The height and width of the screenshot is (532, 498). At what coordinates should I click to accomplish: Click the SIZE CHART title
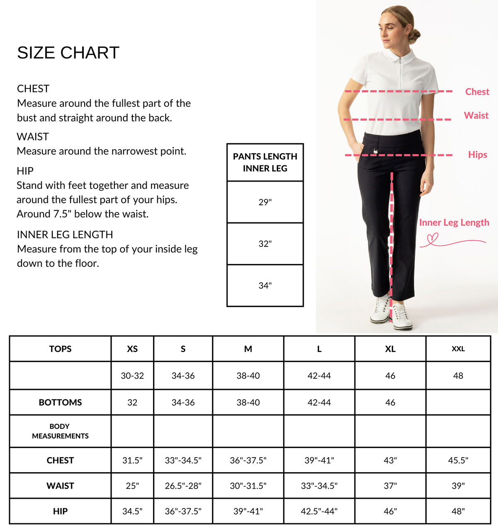[68, 53]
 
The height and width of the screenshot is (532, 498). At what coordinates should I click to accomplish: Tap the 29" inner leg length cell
[265, 202]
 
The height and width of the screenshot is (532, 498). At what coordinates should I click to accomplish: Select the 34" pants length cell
[265, 286]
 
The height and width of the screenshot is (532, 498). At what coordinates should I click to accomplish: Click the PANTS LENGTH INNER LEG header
[265, 162]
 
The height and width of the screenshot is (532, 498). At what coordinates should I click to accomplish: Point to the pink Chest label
[477, 92]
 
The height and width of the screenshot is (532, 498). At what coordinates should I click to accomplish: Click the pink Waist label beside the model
[476, 116]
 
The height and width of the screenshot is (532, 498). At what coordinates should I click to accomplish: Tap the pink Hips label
[477, 155]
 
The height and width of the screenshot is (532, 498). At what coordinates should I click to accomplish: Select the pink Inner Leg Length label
[454, 222]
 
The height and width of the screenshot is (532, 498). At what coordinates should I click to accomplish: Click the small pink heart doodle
[433, 239]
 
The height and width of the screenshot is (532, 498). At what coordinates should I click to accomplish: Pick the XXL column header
[458, 349]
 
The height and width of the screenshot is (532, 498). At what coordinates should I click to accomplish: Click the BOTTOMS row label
[60, 402]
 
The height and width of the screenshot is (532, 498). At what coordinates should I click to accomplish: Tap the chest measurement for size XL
[390, 461]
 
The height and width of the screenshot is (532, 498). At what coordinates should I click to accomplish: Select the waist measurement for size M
[248, 486]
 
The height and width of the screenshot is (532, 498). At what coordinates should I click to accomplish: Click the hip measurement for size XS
[132, 511]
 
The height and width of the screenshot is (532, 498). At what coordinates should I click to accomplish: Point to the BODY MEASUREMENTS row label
[60, 431]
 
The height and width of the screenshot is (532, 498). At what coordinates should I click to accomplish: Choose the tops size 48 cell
[458, 376]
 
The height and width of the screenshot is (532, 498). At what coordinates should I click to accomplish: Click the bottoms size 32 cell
[132, 402]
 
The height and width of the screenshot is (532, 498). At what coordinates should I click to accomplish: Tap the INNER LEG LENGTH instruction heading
[65, 235]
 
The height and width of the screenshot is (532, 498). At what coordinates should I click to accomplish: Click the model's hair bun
[414, 36]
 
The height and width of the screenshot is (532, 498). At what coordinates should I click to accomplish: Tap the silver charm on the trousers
[376, 151]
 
